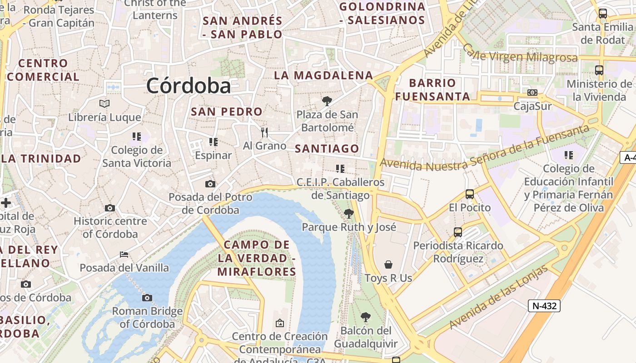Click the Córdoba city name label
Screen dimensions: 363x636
pos(189,85)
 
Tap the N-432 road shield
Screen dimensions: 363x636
pos(544,306)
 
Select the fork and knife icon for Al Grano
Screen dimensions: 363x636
pos(264,132)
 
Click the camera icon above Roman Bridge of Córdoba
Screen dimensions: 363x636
pos(147,298)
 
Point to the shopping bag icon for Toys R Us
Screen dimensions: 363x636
pos(388,264)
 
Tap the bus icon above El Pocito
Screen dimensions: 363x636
pos(470,194)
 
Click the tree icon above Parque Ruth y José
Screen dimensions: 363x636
pos(348,213)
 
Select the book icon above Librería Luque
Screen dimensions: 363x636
pos(104,103)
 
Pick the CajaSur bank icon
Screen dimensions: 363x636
pos(532,93)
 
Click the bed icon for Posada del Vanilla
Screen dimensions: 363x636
pos(124,254)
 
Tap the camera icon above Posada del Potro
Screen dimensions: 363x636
pos(210,184)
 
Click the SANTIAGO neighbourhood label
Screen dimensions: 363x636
pos(327,148)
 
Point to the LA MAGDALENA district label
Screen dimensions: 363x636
pos(323,75)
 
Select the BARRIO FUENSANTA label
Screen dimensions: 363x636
pos(432,89)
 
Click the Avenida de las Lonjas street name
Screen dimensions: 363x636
pos(498,298)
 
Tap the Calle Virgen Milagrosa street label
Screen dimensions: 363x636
pos(520,54)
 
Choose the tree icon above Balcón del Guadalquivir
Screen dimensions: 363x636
pos(365,317)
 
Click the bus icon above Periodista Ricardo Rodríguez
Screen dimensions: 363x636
pos(458,232)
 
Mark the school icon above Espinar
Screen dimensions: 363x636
pos(214,142)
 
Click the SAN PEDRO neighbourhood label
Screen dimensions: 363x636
pos(227,111)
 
